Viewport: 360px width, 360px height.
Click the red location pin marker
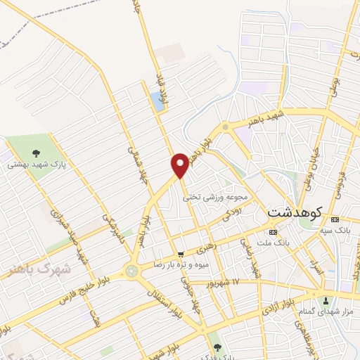[x=180, y=165]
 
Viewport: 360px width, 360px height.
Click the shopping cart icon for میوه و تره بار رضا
[x=181, y=255]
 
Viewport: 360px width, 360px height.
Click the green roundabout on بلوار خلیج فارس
[x=131, y=271]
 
